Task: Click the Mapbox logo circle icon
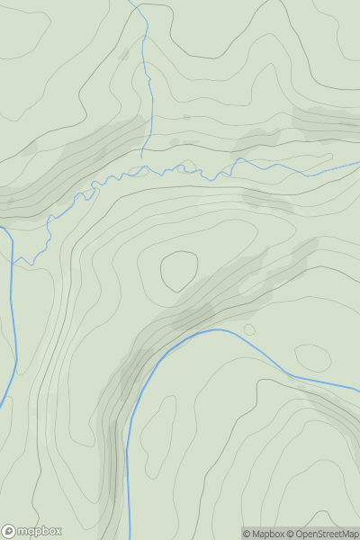(x=10, y=531)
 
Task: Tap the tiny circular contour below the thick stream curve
(x=249, y=328)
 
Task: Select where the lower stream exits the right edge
(x=358, y=390)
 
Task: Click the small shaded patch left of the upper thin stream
(x=124, y=55)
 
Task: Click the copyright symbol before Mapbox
(x=247, y=534)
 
